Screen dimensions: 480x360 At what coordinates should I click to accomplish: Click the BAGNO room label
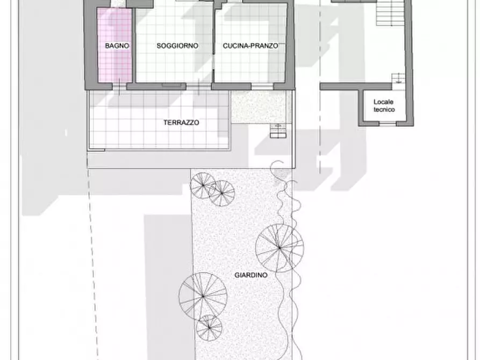117,46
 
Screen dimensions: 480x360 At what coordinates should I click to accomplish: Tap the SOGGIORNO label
177,46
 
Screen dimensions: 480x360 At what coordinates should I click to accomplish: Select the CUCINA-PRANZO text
250,46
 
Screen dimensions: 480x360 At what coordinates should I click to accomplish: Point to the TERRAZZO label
181,123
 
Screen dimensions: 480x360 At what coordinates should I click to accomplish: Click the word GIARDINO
251,275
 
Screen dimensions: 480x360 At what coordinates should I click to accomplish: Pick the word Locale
383,102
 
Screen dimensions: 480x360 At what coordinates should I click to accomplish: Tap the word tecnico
384,109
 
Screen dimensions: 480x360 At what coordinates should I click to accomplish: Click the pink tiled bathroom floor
114,45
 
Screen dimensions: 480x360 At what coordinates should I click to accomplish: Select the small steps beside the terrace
278,131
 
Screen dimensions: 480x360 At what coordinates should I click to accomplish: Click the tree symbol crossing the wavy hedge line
280,248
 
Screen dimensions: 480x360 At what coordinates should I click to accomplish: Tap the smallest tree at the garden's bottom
209,328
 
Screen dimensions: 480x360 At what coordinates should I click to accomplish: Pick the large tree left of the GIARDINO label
203,296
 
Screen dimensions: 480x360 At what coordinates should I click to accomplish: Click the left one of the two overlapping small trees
202,185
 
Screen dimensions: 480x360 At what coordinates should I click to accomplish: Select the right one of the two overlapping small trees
222,193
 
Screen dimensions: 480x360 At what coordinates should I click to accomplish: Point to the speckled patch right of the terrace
261,107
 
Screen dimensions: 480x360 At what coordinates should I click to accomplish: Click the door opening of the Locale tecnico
388,124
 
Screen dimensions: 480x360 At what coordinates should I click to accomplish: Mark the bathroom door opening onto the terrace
119,87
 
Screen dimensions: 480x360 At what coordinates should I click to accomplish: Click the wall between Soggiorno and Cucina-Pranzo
213,43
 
